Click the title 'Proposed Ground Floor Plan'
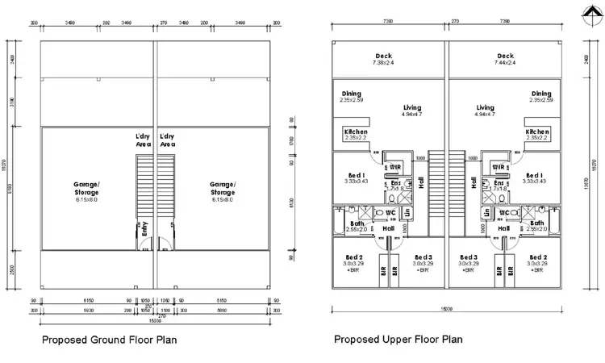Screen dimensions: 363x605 pos(109,340)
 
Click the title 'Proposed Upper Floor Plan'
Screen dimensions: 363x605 pos(398,340)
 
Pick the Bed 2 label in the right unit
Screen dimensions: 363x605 pos(539,260)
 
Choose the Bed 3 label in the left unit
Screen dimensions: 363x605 pos(418,260)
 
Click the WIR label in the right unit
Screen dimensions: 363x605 pos(499,168)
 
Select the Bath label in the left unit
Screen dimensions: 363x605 pos(355,225)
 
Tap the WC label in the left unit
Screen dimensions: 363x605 pos(390,213)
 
